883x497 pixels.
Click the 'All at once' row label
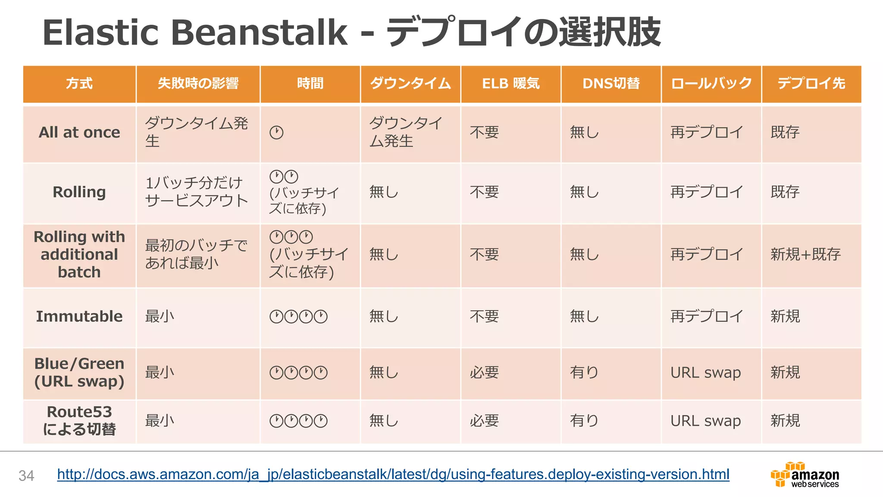[x=79, y=132]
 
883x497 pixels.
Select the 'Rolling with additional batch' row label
[x=79, y=255]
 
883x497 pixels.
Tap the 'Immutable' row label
[x=79, y=316]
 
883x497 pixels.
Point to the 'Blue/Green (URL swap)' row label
[x=79, y=372]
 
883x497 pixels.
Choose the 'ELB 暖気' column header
[x=510, y=84]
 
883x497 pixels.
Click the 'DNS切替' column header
[x=611, y=84]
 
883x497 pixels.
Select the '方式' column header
[x=79, y=84]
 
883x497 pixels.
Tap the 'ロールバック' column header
[x=711, y=84]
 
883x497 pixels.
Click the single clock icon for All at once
[x=276, y=132]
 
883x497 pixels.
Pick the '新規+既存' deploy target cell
[x=805, y=255]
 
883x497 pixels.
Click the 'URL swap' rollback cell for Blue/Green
[x=705, y=372]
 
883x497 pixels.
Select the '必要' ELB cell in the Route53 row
[x=484, y=420]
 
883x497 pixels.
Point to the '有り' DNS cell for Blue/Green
[x=584, y=372]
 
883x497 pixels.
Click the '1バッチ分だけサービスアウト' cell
[x=196, y=192]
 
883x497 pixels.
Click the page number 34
[x=26, y=475]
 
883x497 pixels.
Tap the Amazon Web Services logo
[x=805, y=475]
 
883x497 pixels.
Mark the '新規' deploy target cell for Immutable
[x=785, y=316]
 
